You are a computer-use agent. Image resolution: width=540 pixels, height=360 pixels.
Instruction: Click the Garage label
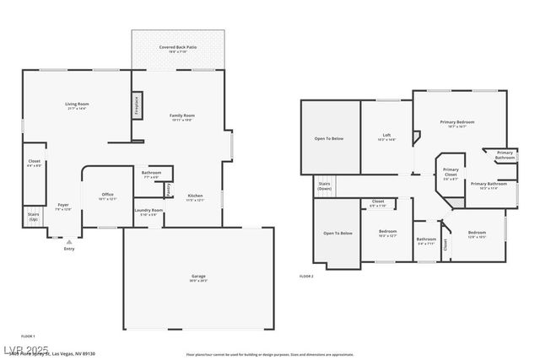point(198,277)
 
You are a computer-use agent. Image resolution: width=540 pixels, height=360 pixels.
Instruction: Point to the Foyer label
point(63,205)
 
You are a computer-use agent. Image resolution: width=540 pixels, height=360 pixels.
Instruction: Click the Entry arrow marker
point(69,242)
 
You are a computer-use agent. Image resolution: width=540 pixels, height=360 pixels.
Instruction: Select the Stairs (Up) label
point(33,217)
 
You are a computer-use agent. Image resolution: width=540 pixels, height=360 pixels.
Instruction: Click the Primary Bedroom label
point(457,122)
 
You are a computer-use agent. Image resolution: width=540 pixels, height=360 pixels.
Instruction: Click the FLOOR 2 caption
point(306,276)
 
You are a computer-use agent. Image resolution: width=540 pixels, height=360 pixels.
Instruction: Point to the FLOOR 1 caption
point(27,336)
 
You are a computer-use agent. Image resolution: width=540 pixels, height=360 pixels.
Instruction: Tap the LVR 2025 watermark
point(25,350)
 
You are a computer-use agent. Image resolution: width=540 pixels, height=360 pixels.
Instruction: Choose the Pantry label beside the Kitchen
point(169,190)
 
